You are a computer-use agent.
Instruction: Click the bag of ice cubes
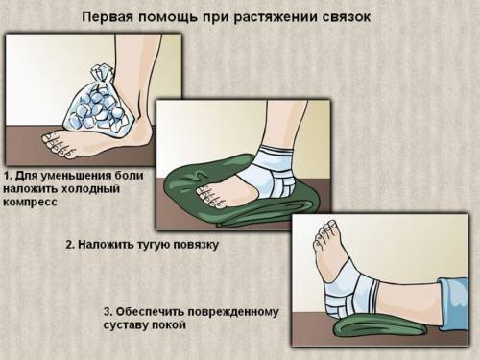[x=96, y=103]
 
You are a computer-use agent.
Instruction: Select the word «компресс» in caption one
[x=30, y=203]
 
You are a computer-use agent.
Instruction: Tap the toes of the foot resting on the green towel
[x=209, y=196]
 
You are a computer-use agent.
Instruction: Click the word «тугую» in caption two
[x=155, y=245]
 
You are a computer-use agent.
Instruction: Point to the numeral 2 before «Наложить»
[x=68, y=245]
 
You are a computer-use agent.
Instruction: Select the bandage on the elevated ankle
[x=350, y=291]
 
